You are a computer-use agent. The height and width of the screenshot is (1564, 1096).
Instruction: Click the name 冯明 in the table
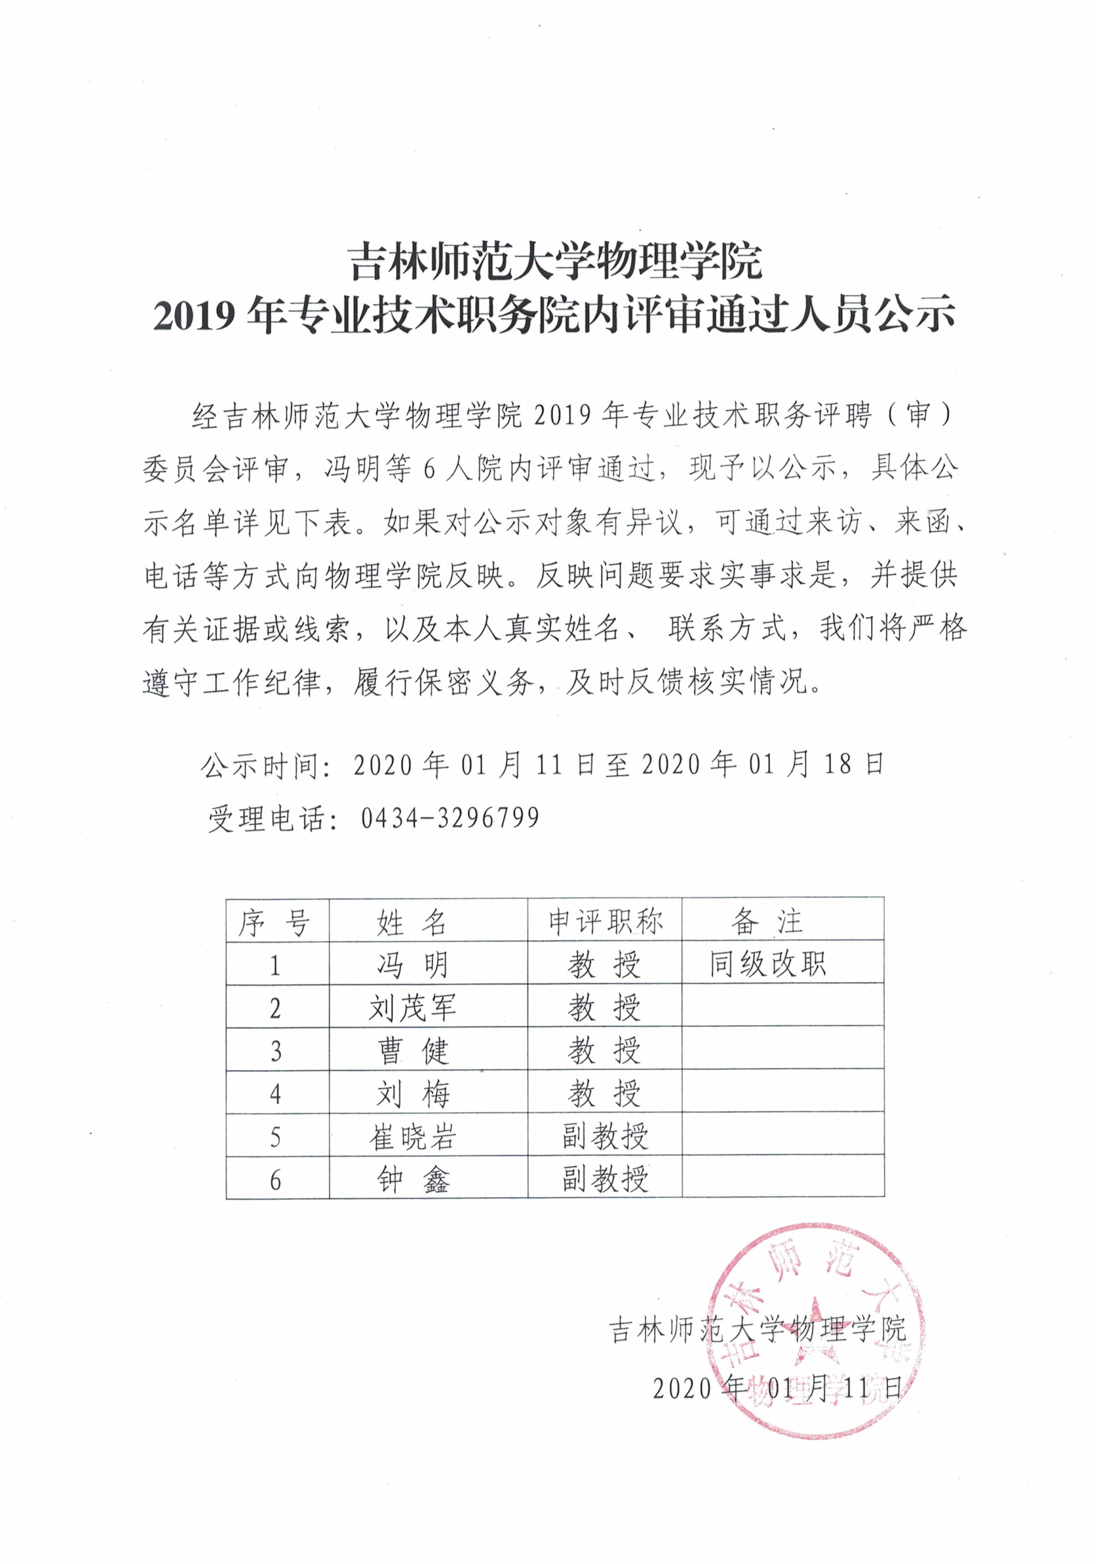pos(412,965)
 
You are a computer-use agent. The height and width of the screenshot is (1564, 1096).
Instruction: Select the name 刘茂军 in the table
pos(412,1007)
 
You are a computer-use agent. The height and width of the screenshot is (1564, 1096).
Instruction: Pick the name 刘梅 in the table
pos(412,1094)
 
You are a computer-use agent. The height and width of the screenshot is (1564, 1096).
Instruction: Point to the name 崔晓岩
pos(412,1137)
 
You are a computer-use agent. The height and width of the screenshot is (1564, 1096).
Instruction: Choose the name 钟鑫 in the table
pos(412,1180)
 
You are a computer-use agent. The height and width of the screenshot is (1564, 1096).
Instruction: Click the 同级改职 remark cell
pos(768,964)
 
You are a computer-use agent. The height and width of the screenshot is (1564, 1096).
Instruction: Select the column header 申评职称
pos(605,921)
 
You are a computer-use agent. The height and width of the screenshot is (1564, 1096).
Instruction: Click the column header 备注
pos(768,921)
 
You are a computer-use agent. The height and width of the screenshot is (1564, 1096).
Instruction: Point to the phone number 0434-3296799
pos(450,817)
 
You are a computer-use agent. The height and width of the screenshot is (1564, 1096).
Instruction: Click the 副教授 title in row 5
pos(605,1136)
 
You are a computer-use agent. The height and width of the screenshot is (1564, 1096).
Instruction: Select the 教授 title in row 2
pos(605,1007)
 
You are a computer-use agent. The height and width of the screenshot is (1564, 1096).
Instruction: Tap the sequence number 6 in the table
pos(275,1180)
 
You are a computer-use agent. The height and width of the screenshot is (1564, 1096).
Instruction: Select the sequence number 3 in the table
pos(275,1052)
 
